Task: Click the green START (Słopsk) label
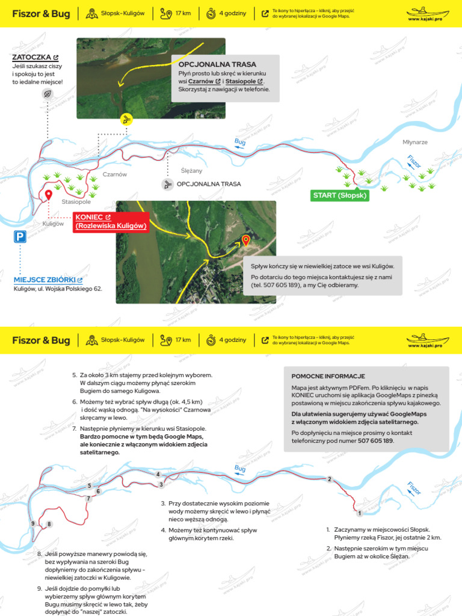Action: click(x=340, y=196)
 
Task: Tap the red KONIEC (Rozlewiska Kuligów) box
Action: click(x=111, y=221)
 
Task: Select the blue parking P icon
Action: click(x=20, y=237)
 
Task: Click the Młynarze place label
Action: click(x=415, y=142)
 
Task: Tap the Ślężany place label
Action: click(x=191, y=170)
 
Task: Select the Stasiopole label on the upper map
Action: click(x=76, y=202)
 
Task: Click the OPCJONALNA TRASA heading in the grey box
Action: click(x=217, y=64)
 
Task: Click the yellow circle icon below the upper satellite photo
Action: click(x=126, y=120)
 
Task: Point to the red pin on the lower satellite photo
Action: click(x=246, y=241)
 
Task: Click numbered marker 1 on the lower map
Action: click(x=359, y=513)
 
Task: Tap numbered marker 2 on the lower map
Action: click(x=330, y=479)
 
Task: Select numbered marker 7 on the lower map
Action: click(x=88, y=499)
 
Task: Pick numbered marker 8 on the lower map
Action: click(x=49, y=524)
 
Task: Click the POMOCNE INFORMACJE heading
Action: click(x=328, y=377)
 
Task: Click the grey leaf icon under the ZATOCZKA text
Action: click(x=47, y=94)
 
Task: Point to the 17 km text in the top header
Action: click(x=183, y=13)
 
